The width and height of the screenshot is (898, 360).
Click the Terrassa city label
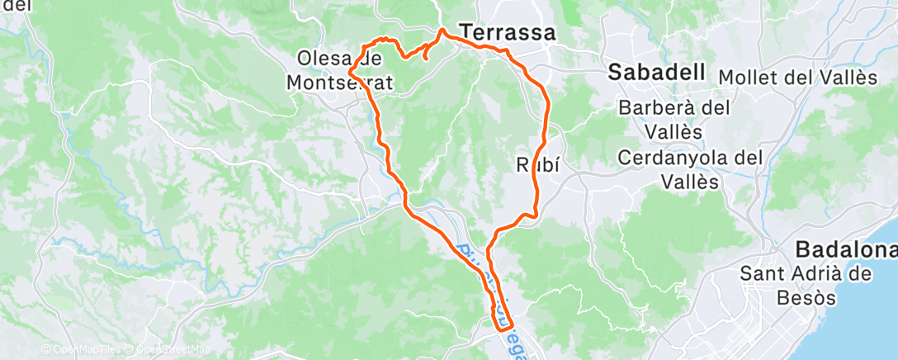click(508, 33)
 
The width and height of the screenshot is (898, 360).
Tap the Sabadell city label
click(657, 72)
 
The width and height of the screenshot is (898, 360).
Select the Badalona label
click(845, 249)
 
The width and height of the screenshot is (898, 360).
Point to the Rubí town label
click(538, 163)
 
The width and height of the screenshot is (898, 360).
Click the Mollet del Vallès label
click(797, 78)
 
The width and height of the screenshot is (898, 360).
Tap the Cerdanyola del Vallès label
click(692, 169)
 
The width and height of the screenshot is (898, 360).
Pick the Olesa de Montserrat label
click(341, 70)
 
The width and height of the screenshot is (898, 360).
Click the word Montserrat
click(341, 83)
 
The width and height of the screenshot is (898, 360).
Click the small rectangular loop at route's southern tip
click(503, 318)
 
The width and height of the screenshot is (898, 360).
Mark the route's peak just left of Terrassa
click(442, 31)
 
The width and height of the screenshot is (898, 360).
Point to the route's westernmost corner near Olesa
click(352, 75)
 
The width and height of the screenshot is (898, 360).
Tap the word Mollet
click(748, 78)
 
